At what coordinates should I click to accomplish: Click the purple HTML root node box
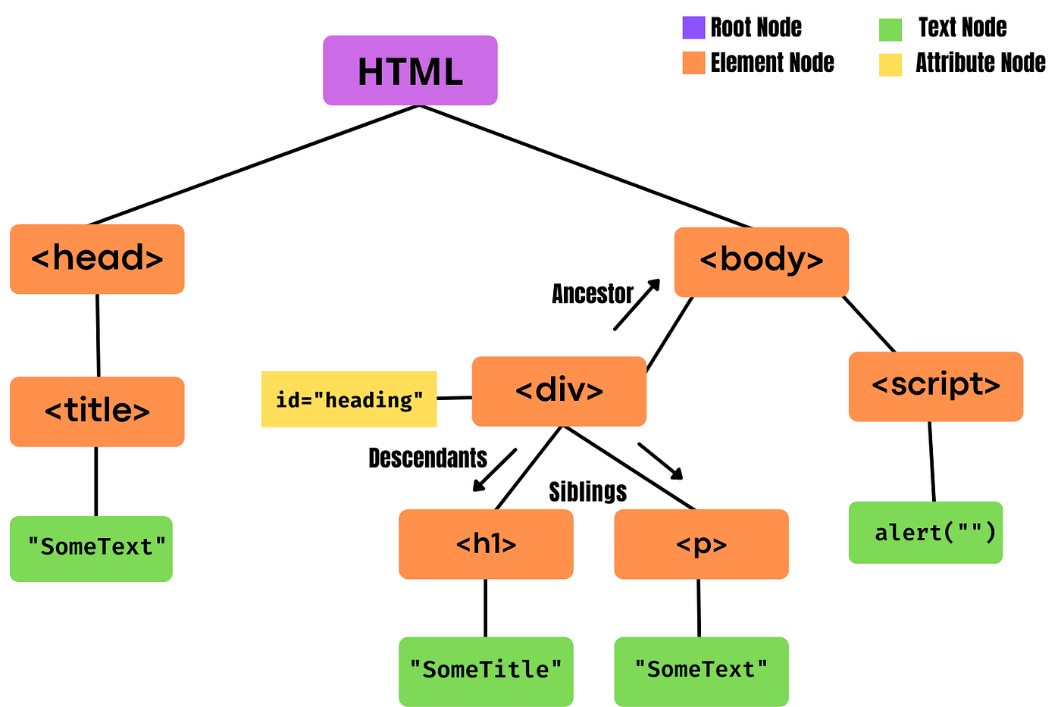pyautogui.click(x=410, y=70)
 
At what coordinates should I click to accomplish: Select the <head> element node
pyautogui.click(x=97, y=259)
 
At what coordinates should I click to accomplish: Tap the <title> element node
pyautogui.click(x=97, y=411)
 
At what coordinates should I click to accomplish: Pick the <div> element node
pyautogui.click(x=559, y=391)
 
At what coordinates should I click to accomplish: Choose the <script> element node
pyautogui.click(x=935, y=386)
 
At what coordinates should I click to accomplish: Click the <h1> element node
pyautogui.click(x=486, y=544)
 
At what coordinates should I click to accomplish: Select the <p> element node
pyautogui.click(x=701, y=544)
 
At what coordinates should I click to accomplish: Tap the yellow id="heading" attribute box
pyautogui.click(x=349, y=399)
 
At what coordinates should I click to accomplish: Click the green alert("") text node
pyautogui.click(x=925, y=533)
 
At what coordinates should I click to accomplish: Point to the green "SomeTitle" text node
pyautogui.click(x=486, y=671)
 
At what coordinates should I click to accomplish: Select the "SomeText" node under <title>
pyautogui.click(x=91, y=549)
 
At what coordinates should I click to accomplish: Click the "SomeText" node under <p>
pyautogui.click(x=701, y=671)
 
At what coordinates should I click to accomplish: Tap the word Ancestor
pyautogui.click(x=592, y=294)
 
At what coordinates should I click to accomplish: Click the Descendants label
pyautogui.click(x=427, y=458)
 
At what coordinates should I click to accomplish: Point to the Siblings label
pyautogui.click(x=587, y=492)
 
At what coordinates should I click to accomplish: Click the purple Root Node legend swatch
pyautogui.click(x=693, y=28)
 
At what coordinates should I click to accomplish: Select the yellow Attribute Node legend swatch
pyautogui.click(x=890, y=64)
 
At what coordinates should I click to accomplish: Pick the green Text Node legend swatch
pyautogui.click(x=890, y=30)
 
